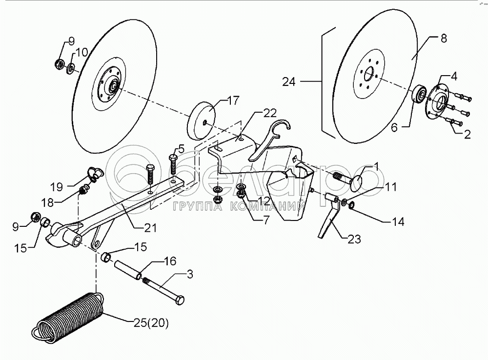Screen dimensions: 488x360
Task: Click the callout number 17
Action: click(x=233, y=100)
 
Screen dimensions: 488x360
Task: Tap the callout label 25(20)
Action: click(x=152, y=323)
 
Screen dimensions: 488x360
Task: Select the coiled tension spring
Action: click(x=68, y=318)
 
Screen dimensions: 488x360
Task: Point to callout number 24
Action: click(x=289, y=82)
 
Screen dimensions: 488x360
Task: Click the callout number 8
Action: click(x=444, y=38)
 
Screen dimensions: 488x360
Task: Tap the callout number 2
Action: click(x=467, y=135)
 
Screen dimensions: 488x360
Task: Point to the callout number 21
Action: click(x=150, y=228)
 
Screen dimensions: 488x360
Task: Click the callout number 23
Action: click(x=354, y=239)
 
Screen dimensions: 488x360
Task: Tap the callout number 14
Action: click(x=398, y=222)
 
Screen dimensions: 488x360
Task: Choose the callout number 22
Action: click(x=269, y=113)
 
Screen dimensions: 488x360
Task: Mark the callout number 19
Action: click(x=57, y=187)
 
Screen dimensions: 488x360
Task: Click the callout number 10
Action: click(x=81, y=52)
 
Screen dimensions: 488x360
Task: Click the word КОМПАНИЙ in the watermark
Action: click(x=267, y=207)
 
